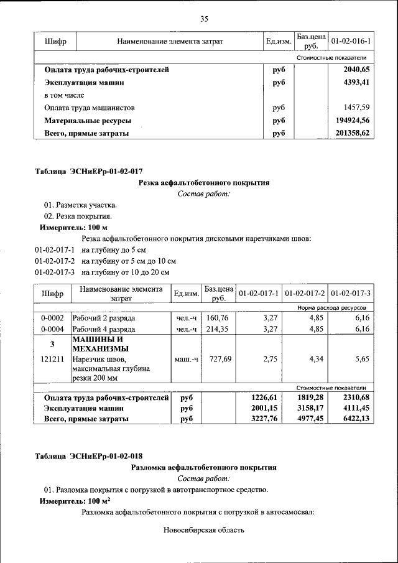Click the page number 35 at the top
203,19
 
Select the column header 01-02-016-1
351,42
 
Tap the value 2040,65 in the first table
356,70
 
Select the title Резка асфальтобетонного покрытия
203,183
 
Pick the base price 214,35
218,329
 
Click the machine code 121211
52,359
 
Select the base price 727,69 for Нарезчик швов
218,359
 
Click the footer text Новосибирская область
203,531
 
